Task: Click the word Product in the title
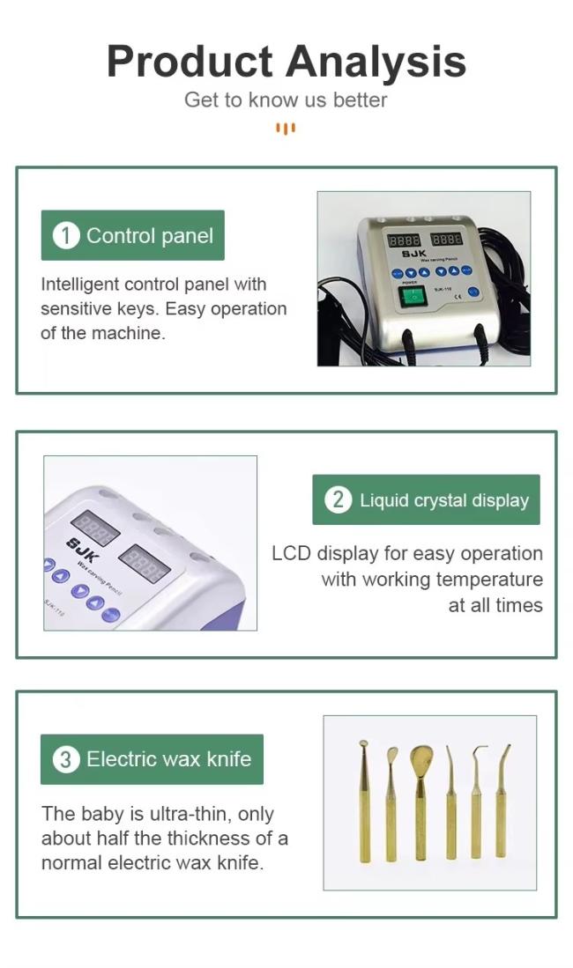[x=190, y=63]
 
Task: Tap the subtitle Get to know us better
[x=286, y=100]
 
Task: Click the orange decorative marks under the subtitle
[x=286, y=129]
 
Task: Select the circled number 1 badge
[x=66, y=235]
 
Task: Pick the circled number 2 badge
[x=339, y=499]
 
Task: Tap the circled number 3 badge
[x=66, y=758]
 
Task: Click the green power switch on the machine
[x=413, y=297]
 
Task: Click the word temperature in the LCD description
[x=489, y=579]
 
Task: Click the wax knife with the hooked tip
[x=477, y=802]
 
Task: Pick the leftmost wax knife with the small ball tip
[x=364, y=801]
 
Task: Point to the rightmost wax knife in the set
[x=502, y=801]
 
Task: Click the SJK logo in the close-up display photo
[x=83, y=550]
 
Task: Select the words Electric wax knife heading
[x=168, y=758]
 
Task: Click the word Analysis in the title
[x=376, y=63]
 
